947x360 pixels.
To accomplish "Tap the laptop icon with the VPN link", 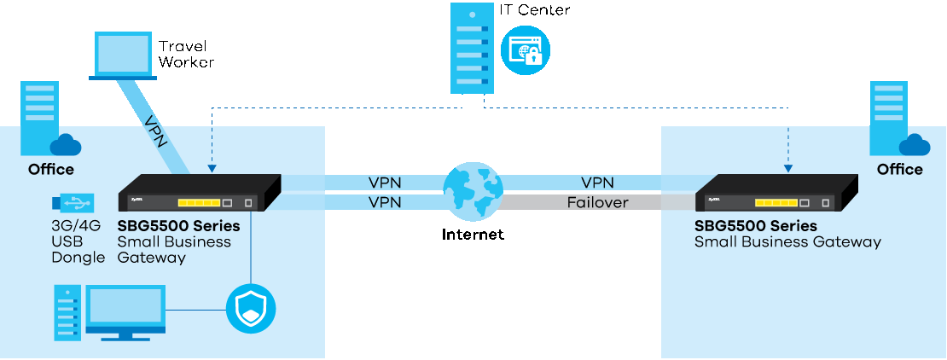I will [x=123, y=55].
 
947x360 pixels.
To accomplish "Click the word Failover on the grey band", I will [x=597, y=202].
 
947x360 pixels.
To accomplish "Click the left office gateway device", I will [x=199, y=193].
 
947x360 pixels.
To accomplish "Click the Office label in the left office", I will [x=50, y=169].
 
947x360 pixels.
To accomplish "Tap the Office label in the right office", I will [x=899, y=169].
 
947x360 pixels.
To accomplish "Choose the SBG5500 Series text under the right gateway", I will [x=756, y=226].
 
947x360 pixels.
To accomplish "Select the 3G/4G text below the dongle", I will [x=76, y=226].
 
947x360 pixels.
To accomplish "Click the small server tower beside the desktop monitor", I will [x=67, y=311].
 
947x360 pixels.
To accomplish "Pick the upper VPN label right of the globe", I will [x=597, y=183].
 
